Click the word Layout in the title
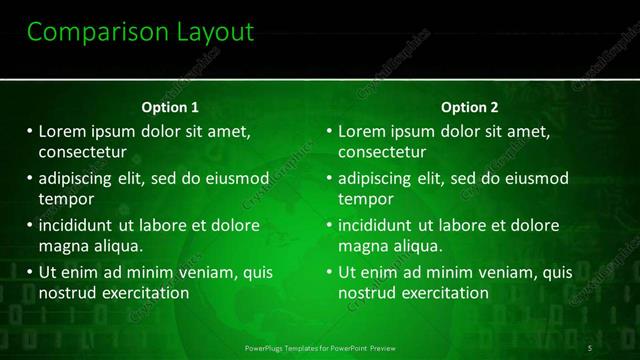tap(211, 33)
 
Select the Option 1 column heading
tap(170, 107)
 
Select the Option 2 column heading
tap(469, 107)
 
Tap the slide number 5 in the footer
tap(591, 348)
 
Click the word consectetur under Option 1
tap(82, 152)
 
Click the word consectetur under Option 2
tap(382, 152)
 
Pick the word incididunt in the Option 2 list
tap(375, 225)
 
